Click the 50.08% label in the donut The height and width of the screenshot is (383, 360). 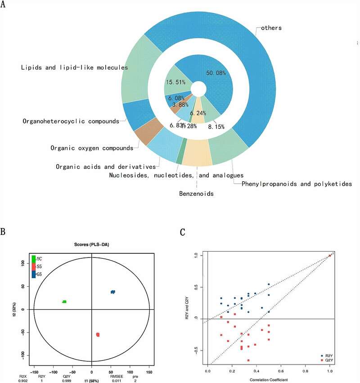click(215, 73)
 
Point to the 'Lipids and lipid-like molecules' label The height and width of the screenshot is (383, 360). click(74, 68)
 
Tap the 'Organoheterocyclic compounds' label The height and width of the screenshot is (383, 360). click(70, 121)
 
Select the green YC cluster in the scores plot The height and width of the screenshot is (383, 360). click(64, 302)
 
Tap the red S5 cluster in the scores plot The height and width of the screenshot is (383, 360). click(98, 334)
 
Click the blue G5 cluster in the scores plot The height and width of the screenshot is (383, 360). click(113, 292)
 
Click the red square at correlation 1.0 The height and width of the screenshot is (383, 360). click(330, 256)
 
